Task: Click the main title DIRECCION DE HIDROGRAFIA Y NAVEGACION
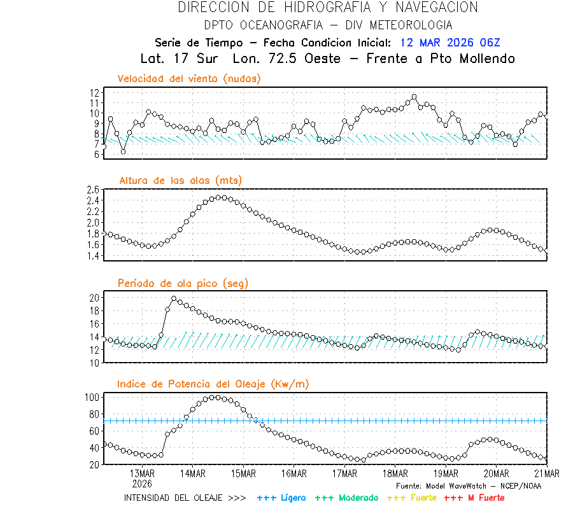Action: (x=328, y=8)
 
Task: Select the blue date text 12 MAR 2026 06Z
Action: (x=450, y=43)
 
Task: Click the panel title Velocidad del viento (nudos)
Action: (x=189, y=79)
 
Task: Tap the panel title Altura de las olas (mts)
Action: (x=180, y=181)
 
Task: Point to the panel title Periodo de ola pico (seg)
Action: (x=183, y=283)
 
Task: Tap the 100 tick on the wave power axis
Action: (x=92, y=397)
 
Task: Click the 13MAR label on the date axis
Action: (x=142, y=474)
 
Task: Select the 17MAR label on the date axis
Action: (x=344, y=474)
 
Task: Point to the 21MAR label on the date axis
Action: (x=547, y=474)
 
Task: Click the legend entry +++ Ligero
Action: (x=281, y=498)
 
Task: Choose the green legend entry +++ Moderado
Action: (x=346, y=498)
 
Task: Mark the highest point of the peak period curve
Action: (x=174, y=298)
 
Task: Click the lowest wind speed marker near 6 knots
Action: (x=123, y=151)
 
